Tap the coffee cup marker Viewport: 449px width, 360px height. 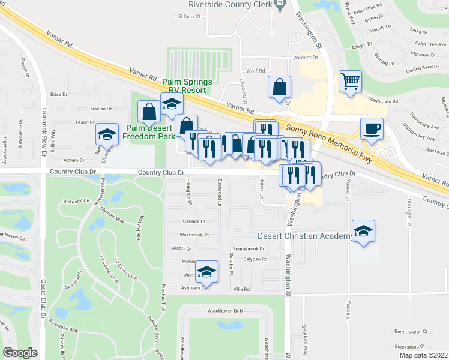pos(372,129)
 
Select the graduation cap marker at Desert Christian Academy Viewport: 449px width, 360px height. pos(363,231)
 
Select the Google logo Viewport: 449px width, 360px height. pos(20,353)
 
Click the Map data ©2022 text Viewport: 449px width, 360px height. pos(423,355)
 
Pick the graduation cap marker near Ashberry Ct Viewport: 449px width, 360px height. pos(207,274)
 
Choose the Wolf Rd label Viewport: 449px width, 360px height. pos(252,70)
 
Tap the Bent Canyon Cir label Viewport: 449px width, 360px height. pos(410,331)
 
